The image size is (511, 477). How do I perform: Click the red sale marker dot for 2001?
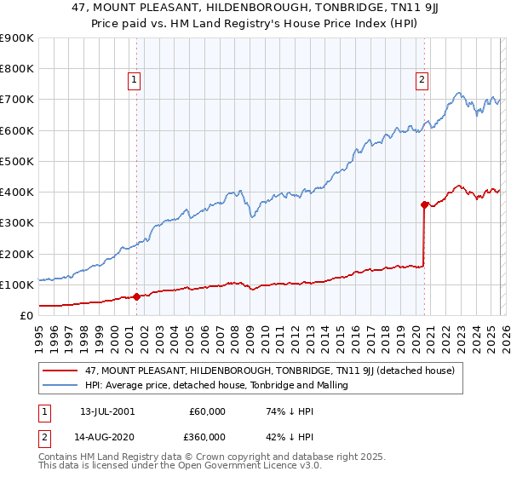pyautogui.click(x=136, y=297)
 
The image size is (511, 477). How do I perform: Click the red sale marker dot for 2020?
pyautogui.click(x=424, y=204)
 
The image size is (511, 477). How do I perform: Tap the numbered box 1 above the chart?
pyautogui.click(x=135, y=81)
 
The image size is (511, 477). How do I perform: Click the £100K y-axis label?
pyautogui.click(x=17, y=284)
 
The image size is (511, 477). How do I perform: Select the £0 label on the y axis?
pyautogui.click(x=26, y=316)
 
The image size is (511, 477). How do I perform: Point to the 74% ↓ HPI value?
pyautogui.click(x=285, y=411)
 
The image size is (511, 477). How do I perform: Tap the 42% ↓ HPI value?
pyautogui.click(x=285, y=437)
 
